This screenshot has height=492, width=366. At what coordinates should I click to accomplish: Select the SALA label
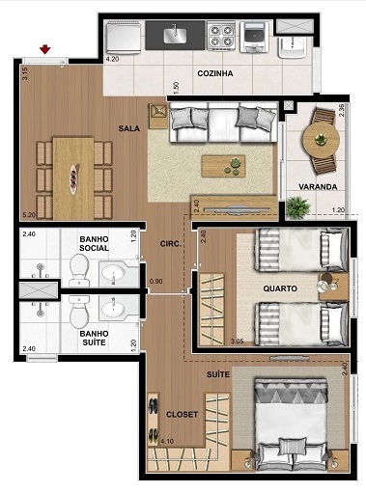click(129, 127)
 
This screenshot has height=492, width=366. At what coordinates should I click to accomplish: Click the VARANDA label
click(318, 186)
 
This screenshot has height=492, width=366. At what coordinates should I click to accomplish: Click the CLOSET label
click(182, 414)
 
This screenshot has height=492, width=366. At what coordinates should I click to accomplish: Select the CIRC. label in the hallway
click(172, 246)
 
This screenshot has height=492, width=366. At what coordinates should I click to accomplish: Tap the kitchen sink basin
click(176, 36)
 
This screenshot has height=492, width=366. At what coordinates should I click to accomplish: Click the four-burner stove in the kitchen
click(222, 37)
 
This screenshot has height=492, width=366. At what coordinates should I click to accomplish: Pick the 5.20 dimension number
click(30, 215)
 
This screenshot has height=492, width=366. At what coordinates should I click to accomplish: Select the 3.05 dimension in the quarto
click(238, 341)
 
